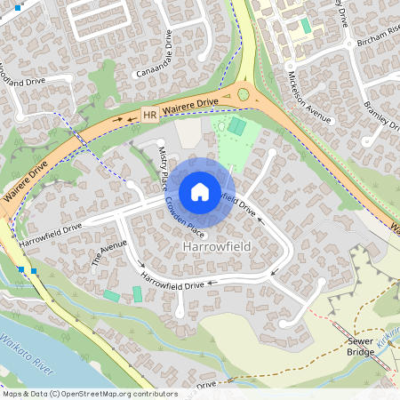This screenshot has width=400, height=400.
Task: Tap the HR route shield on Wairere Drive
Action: click(148, 115)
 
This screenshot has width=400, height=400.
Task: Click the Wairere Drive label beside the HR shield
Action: click(189, 106)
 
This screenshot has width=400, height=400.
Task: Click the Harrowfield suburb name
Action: click(216, 244)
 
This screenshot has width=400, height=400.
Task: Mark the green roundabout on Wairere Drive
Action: click(243, 93)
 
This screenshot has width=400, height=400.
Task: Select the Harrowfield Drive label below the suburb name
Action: click(173, 284)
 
